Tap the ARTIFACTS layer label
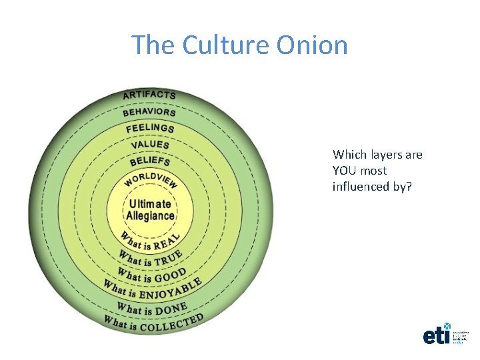[x=149, y=95]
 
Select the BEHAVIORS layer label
[x=149, y=111]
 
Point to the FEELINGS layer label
[x=150, y=127]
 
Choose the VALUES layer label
[x=150, y=144]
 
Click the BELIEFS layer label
[x=150, y=161]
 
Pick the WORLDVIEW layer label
[x=150, y=180]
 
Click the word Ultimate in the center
[x=150, y=204]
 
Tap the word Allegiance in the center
[x=150, y=215]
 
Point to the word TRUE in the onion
[x=169, y=258]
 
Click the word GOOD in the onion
[x=170, y=274]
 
